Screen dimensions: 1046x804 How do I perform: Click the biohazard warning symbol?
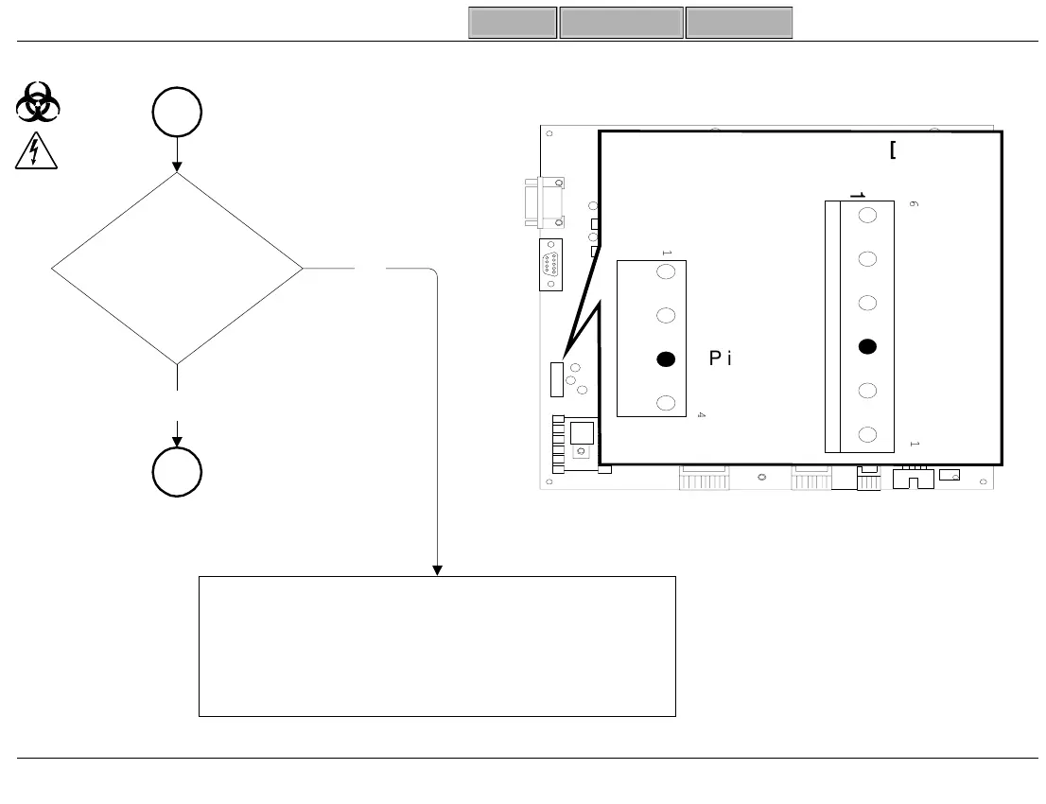coord(38,101)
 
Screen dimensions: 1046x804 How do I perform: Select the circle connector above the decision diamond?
coord(177,113)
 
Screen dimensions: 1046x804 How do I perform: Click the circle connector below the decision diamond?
coord(177,471)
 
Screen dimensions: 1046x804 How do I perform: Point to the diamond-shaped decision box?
coord(177,269)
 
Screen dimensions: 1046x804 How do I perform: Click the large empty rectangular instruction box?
coord(437,646)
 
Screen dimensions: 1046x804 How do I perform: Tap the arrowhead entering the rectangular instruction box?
coord(437,569)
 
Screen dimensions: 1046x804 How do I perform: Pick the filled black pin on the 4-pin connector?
coord(666,358)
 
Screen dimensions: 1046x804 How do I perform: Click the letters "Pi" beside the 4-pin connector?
coord(721,358)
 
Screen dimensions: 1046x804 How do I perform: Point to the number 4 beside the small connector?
coord(701,415)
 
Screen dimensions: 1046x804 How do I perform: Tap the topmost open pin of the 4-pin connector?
coord(666,272)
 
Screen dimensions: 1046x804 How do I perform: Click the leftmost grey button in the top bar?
coord(513,23)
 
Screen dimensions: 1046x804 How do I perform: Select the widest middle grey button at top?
coord(621,23)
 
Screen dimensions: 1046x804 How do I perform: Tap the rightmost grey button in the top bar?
coord(739,23)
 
